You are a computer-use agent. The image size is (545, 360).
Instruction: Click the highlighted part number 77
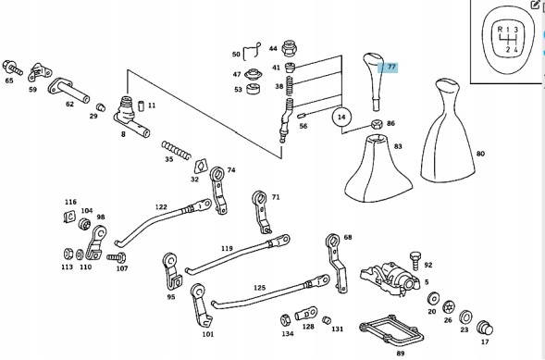[x=391, y=67]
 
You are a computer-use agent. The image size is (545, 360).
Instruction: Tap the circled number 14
[x=341, y=118]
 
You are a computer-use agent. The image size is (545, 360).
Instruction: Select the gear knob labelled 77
[x=373, y=82]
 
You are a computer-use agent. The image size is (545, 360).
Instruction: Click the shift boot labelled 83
[x=378, y=168]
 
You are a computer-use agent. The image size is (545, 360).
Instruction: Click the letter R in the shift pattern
[x=500, y=30]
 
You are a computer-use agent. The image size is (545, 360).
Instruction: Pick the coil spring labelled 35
[x=176, y=151]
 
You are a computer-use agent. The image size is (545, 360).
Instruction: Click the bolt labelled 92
[x=415, y=261]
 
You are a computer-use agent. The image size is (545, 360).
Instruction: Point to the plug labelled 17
[x=485, y=329]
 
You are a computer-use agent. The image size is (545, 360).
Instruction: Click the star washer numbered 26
[x=449, y=307]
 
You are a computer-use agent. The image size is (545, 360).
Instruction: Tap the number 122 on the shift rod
[x=161, y=207]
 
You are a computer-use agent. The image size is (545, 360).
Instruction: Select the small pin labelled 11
[x=142, y=106]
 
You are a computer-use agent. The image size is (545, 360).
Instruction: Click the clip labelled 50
[x=252, y=52]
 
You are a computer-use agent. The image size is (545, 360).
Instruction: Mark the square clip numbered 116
[x=69, y=217]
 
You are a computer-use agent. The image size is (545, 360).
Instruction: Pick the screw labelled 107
[x=116, y=258]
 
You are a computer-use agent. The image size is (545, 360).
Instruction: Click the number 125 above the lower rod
[x=260, y=288]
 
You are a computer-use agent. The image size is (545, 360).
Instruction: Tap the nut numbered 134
[x=285, y=320]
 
